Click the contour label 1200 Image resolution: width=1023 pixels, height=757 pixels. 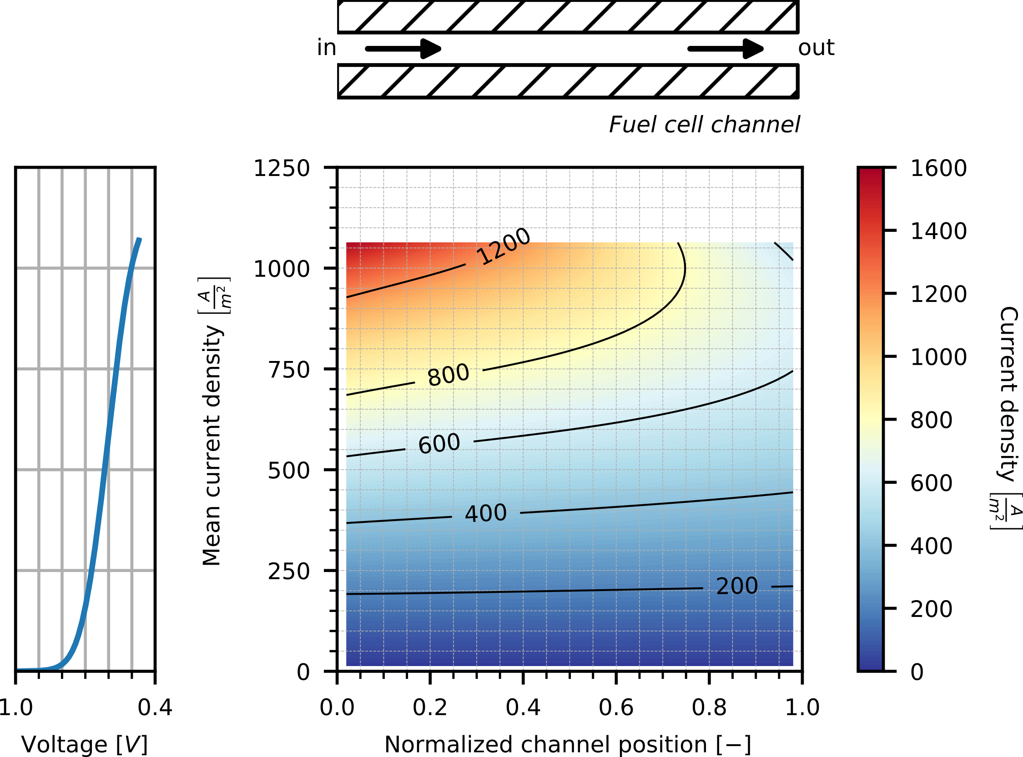click(x=504, y=246)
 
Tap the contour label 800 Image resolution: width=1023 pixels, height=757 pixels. click(x=448, y=375)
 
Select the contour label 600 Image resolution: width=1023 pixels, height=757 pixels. click(x=438, y=444)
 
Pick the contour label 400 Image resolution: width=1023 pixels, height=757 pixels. click(x=486, y=513)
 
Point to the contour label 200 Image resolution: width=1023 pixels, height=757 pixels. click(x=736, y=586)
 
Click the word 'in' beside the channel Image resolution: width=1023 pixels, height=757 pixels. click(x=326, y=48)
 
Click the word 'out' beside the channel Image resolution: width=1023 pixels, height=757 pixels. click(x=816, y=48)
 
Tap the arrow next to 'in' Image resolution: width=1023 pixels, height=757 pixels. click(x=403, y=49)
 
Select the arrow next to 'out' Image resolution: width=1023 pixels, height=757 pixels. click(x=726, y=49)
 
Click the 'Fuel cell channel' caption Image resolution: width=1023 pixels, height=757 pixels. click(x=704, y=125)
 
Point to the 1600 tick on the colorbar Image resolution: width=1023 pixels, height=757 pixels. click(x=938, y=168)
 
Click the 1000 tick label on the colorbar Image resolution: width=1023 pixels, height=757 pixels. click(x=938, y=357)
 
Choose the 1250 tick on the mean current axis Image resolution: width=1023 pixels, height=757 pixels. click(x=282, y=168)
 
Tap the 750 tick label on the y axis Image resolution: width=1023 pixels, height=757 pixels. click(x=289, y=370)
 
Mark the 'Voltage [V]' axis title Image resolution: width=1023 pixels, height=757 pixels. click(x=84, y=744)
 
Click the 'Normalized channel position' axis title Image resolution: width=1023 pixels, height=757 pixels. click(x=567, y=744)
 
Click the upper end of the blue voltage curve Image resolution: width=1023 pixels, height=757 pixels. click(x=139, y=240)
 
